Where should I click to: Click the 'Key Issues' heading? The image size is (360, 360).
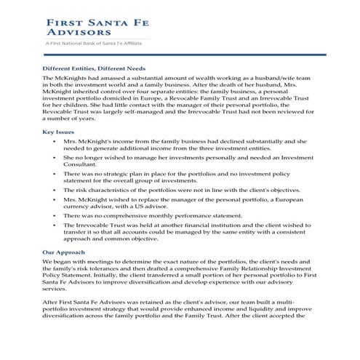click(59, 132)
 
